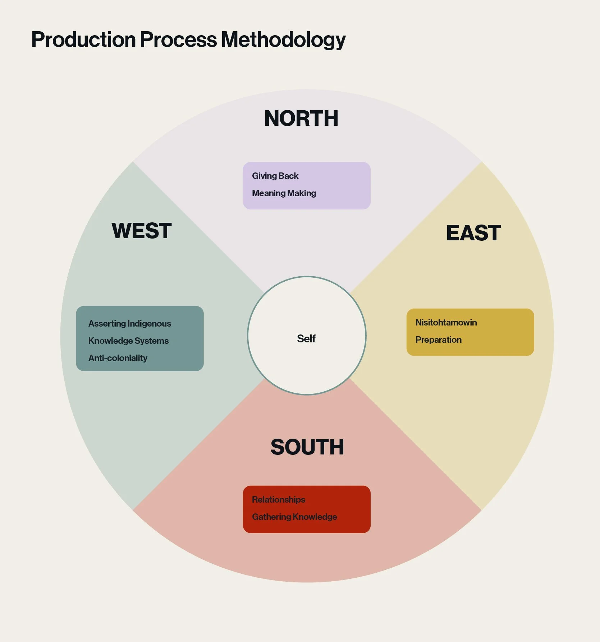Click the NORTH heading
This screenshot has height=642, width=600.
coord(301,118)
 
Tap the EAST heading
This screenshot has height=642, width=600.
coord(473,233)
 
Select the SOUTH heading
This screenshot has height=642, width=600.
coord(307,447)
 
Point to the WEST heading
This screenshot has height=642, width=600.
coord(141,231)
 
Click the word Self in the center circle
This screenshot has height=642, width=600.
coord(306,338)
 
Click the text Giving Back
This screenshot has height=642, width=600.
coord(275,176)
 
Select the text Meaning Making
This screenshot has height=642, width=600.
coord(284,193)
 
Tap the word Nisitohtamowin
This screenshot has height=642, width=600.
coord(446,323)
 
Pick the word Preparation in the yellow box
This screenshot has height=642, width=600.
coord(438,340)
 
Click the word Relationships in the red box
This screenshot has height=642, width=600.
coord(279,500)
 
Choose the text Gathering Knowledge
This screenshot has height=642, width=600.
coord(294,517)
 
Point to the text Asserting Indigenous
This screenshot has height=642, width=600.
coord(130,324)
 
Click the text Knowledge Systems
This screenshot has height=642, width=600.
coord(128,341)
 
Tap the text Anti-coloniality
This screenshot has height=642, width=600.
coord(118,358)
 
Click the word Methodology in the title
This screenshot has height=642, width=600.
coord(283,40)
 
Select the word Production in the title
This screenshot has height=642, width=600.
coord(83,40)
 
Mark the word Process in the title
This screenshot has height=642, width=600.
coord(178,40)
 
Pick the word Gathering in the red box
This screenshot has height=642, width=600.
coord(271,517)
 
